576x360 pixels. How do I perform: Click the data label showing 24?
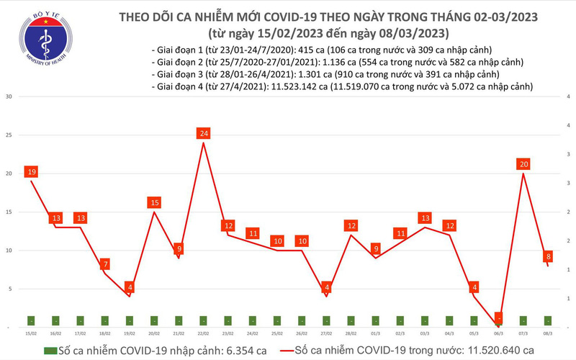pyautogui.click(x=204, y=133)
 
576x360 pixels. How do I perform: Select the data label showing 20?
pyautogui.click(x=523, y=164)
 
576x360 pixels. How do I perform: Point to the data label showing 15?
pyautogui.click(x=154, y=203)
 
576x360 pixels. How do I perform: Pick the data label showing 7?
pyautogui.click(x=105, y=264)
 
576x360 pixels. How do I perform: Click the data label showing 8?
pyautogui.click(x=549, y=256)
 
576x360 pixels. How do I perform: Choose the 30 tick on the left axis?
pyautogui.click(x=8, y=96)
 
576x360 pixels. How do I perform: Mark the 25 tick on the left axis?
pyautogui.click(x=8, y=135)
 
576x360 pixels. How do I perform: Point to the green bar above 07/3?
pyautogui.click(x=523, y=320)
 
